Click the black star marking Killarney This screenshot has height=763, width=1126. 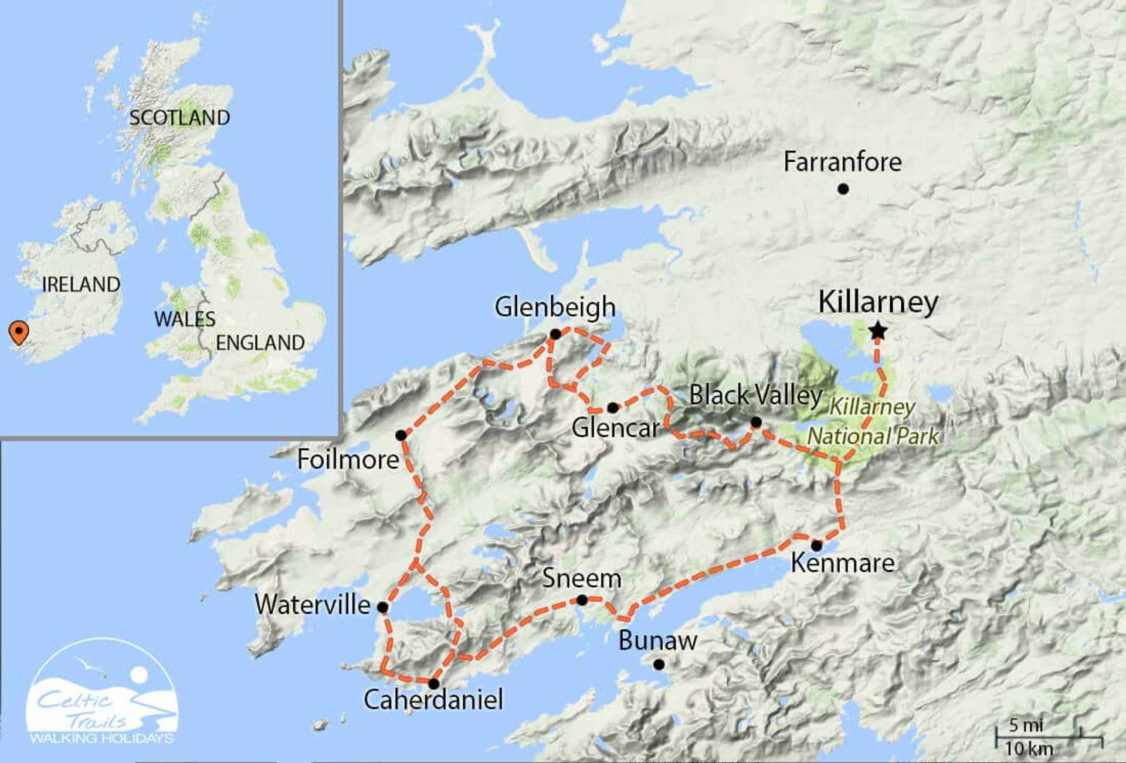click(877, 331)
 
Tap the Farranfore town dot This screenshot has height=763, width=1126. click(843, 189)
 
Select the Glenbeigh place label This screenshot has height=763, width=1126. click(555, 307)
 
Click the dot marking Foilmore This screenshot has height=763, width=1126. click(401, 435)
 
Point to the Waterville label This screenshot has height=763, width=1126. click(313, 605)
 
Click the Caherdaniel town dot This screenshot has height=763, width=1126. click(433, 684)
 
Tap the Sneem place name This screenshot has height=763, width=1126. click(581, 578)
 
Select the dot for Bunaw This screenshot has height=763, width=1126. click(659, 665)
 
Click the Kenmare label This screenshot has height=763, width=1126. click(843, 563)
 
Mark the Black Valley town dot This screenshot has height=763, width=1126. click(756, 422)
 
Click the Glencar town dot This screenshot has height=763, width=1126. click(612, 407)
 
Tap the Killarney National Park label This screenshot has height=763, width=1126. click(873, 422)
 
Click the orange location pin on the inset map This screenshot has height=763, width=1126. click(19, 332)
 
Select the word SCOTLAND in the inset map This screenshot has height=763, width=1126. click(179, 118)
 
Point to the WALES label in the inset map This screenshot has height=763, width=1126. click(185, 319)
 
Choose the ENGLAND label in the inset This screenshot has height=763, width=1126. click(260, 343)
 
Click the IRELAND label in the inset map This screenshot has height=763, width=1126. click(81, 285)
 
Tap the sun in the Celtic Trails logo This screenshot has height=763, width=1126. click(139, 675)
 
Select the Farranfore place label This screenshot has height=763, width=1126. click(842, 162)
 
